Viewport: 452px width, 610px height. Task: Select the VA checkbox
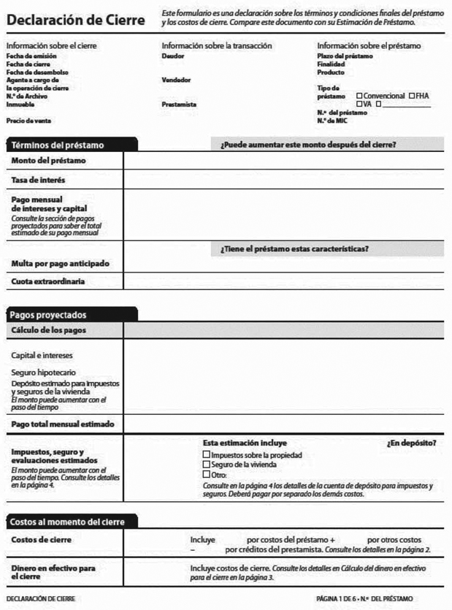point(359,104)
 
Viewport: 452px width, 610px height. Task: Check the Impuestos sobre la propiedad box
point(206,455)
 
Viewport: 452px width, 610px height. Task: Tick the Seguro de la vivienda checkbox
point(206,465)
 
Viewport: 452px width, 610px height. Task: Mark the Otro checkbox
point(206,475)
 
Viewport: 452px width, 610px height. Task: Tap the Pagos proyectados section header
point(48,315)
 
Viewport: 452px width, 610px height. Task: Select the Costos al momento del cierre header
point(67,522)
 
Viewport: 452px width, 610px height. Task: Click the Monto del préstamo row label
point(48,161)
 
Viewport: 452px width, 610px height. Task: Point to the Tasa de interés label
point(38,180)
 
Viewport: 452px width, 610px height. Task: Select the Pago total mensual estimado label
point(63,424)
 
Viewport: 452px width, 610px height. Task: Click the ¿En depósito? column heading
point(411,443)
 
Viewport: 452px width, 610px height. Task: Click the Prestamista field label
point(179,104)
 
